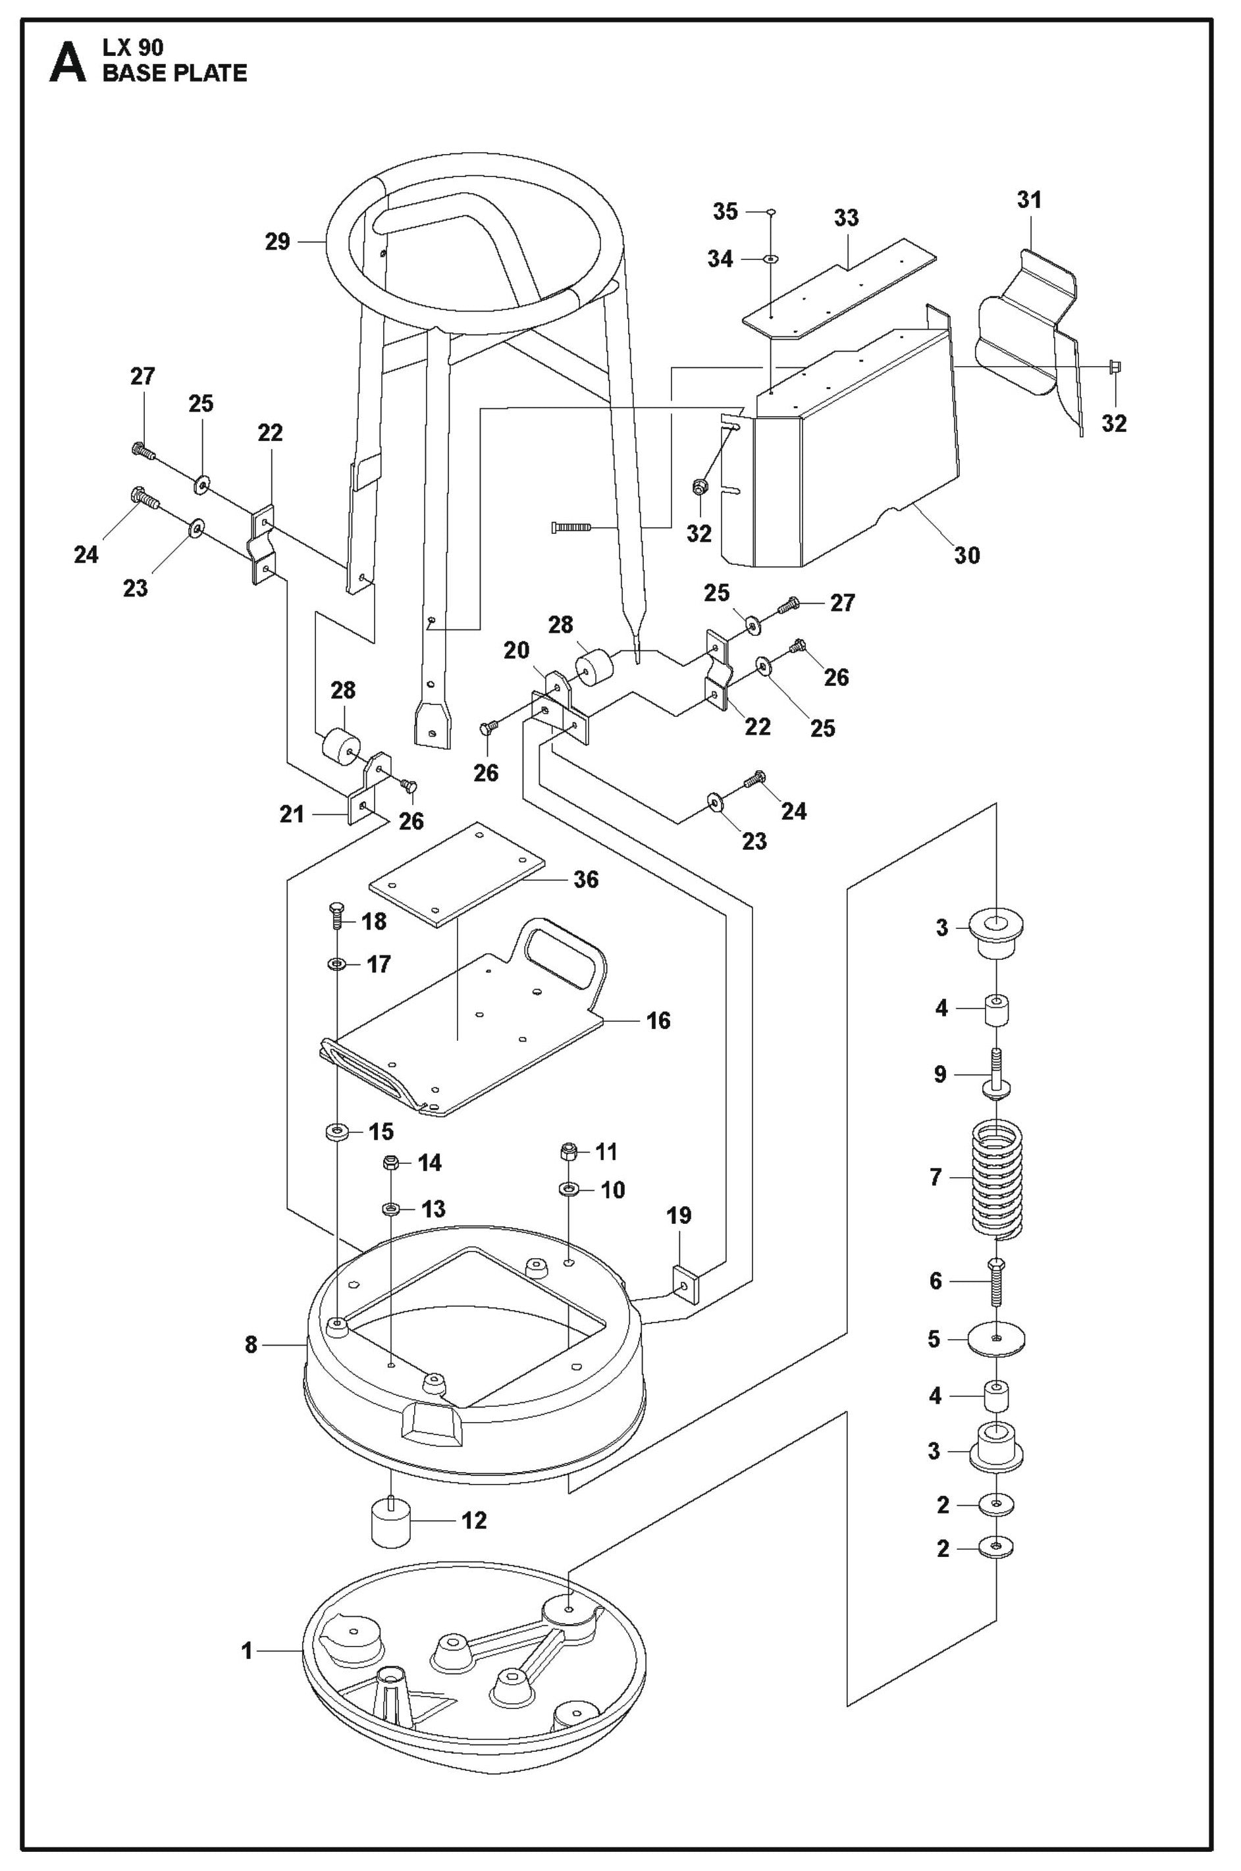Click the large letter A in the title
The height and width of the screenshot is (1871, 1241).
click(67, 63)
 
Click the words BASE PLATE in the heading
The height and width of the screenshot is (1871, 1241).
click(175, 74)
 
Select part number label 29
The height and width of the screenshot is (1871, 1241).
click(278, 242)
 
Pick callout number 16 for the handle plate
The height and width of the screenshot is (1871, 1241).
click(658, 1020)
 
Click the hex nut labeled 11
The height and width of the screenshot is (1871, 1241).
click(568, 1150)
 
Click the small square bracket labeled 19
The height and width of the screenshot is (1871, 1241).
click(685, 1283)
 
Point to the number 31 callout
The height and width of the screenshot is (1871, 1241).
click(1030, 199)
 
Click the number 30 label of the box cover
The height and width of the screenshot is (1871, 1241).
click(967, 556)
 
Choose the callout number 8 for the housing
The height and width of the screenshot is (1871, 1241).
click(251, 1344)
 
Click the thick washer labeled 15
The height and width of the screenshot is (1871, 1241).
click(337, 1131)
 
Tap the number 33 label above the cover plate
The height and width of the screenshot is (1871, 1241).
click(846, 218)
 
